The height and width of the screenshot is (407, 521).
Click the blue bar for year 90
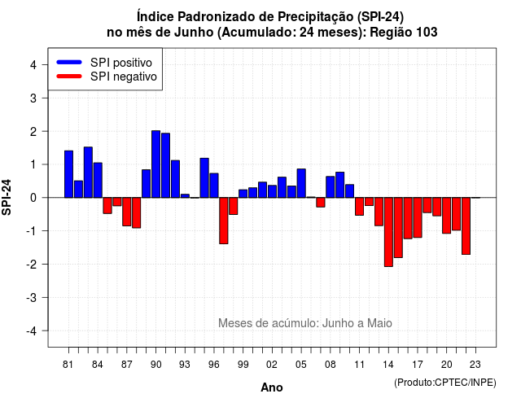[x=155, y=164]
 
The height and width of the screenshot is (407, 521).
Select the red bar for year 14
[x=388, y=232]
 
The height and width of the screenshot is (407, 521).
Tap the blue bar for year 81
[x=68, y=174]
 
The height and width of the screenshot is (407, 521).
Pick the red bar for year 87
[x=127, y=212]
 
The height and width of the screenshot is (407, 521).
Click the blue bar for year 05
[x=301, y=183]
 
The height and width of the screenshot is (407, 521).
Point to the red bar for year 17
[x=418, y=217]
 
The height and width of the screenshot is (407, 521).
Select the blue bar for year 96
[x=214, y=186]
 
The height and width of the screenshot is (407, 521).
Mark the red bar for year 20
[x=447, y=215]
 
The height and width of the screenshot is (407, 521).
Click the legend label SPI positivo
[x=121, y=63]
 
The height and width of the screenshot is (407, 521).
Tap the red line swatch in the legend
[x=69, y=77]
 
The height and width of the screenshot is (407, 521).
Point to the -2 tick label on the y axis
[x=33, y=265]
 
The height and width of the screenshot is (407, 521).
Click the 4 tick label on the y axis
[x=33, y=65]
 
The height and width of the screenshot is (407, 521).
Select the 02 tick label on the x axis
[x=272, y=365]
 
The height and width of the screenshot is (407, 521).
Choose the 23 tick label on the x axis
[x=475, y=365]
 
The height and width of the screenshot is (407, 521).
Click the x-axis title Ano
[x=272, y=387]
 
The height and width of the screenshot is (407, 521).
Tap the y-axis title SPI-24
[x=7, y=197]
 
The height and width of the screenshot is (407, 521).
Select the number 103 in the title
[x=427, y=33]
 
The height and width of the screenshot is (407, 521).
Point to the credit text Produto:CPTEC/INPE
[x=445, y=383]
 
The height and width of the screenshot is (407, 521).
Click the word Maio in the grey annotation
[x=379, y=323]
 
